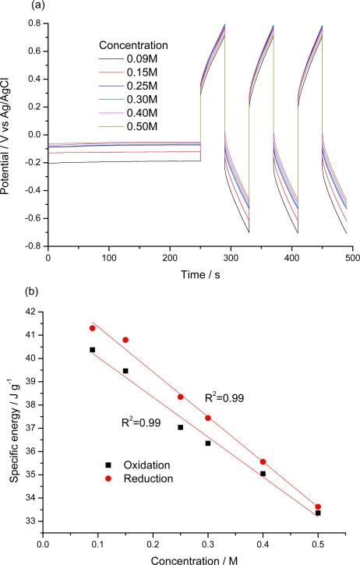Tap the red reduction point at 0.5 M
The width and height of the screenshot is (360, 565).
pos(318,507)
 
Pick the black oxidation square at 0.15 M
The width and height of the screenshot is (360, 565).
pos(125,371)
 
